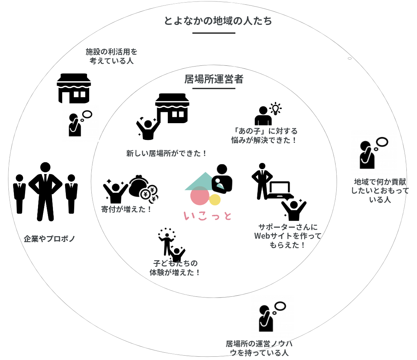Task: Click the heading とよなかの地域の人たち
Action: coord(218,21)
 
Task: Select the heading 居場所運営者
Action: coord(214,79)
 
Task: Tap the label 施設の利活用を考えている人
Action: coord(111,56)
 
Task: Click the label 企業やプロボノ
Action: coord(49,239)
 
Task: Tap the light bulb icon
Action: coord(275,109)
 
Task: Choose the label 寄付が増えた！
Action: coord(126,209)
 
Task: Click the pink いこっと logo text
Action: coord(208,216)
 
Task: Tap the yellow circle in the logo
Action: coord(215,200)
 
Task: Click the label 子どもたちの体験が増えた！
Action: coord(175,268)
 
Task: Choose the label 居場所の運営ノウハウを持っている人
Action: coord(259,348)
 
